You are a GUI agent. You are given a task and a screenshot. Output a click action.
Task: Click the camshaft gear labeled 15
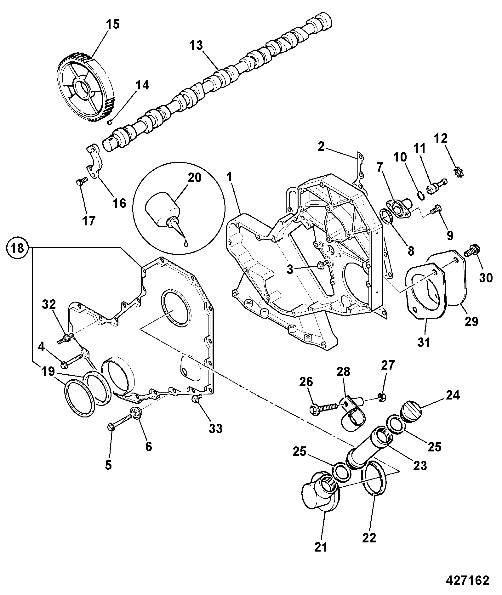[x=85, y=88]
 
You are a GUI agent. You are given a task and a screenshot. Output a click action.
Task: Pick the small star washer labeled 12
[x=459, y=172]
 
